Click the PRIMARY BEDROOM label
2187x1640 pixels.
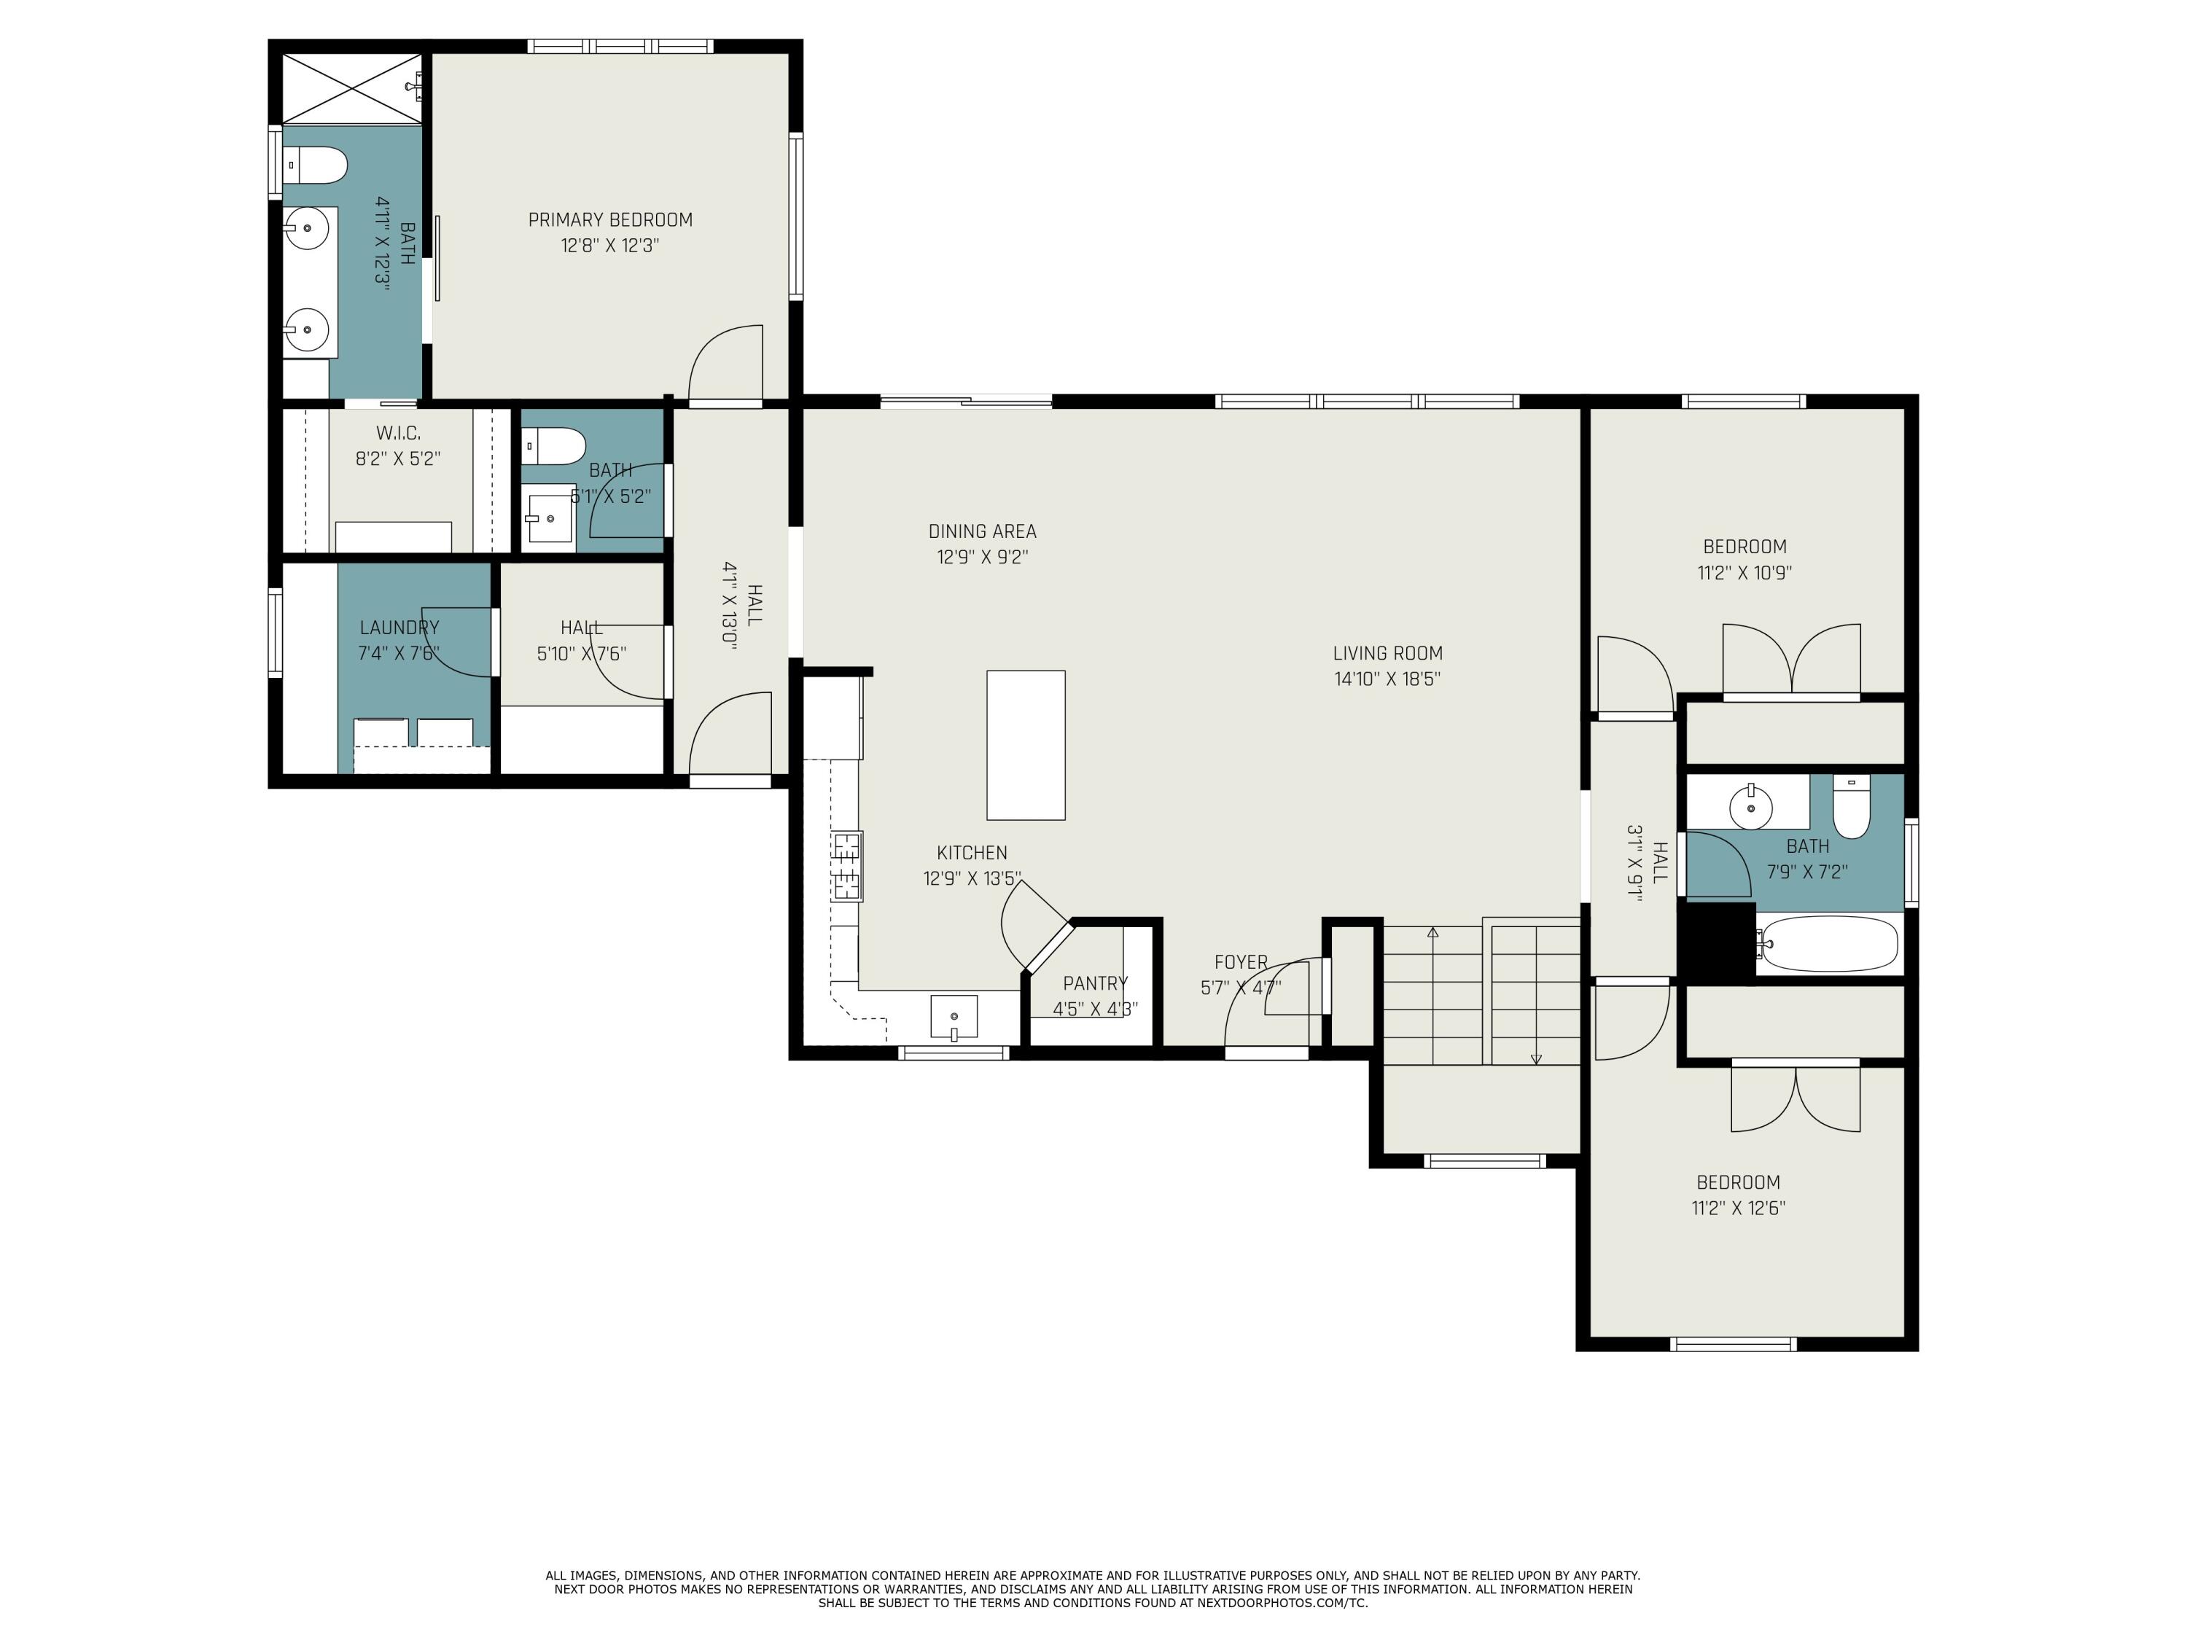pyautogui.click(x=610, y=220)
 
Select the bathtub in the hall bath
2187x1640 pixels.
pyautogui.click(x=1827, y=944)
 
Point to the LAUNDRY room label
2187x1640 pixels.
pyautogui.click(x=399, y=628)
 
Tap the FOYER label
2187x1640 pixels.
pyautogui.click(x=1241, y=963)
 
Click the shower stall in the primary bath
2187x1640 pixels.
pyautogui.click(x=353, y=89)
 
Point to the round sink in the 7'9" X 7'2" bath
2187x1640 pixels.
pyautogui.click(x=1751, y=808)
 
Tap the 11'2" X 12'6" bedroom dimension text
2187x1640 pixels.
pyautogui.click(x=1738, y=1208)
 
